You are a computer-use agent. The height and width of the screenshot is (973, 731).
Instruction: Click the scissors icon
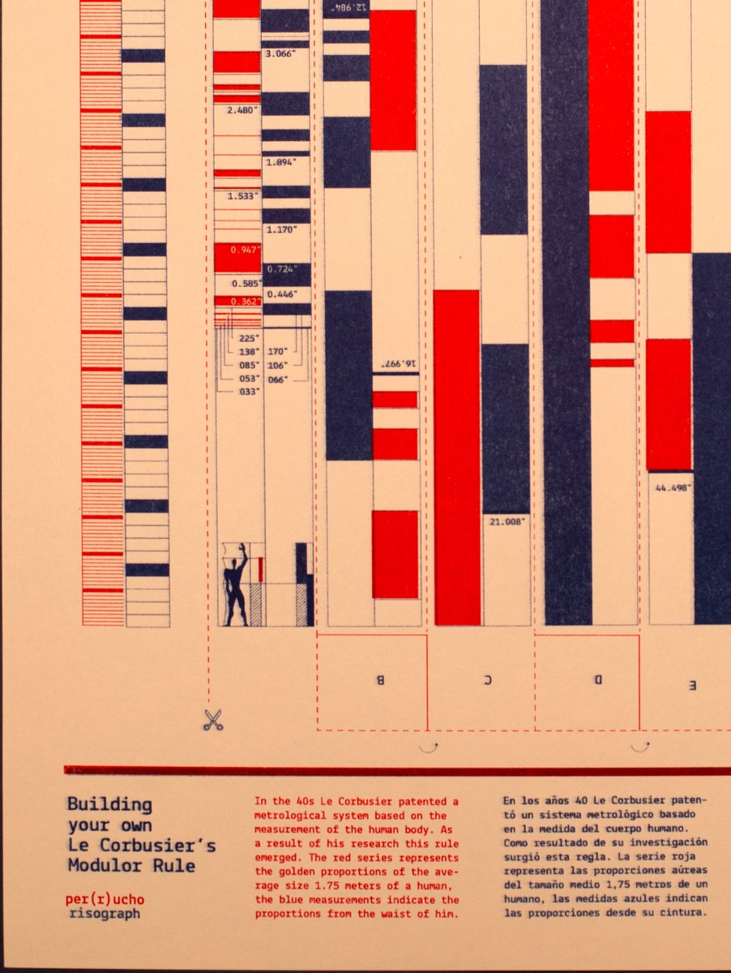tap(213, 719)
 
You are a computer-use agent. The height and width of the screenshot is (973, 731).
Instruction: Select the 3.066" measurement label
tap(280, 54)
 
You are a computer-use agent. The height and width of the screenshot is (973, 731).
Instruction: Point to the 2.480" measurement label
tap(243, 109)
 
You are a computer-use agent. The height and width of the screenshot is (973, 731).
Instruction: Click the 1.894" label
tap(280, 161)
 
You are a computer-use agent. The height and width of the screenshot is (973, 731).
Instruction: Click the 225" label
tap(249, 339)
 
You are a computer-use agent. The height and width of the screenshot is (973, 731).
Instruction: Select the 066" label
tap(277, 379)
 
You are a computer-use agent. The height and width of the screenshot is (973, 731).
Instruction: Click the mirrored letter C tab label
tap(488, 680)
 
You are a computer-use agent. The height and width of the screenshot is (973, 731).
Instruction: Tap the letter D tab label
tap(597, 679)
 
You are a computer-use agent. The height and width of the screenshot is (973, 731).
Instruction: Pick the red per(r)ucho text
tap(105, 899)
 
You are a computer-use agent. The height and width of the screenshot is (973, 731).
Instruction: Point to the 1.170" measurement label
tap(281, 229)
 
